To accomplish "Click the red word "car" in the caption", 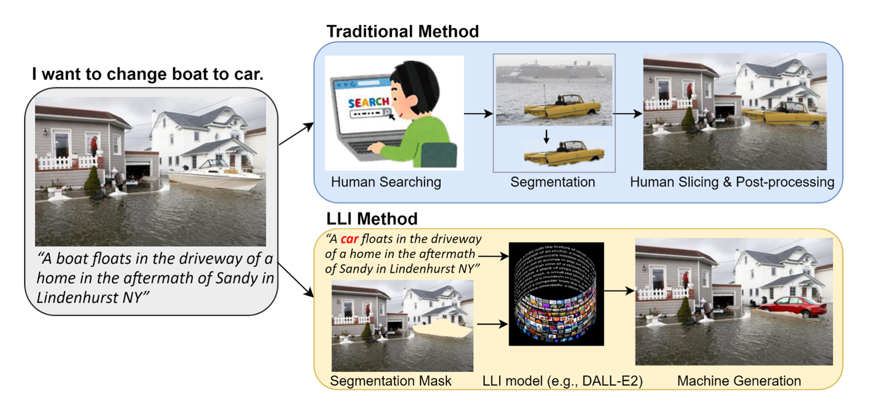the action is tap(349, 239).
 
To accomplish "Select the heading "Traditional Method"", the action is tap(403, 32).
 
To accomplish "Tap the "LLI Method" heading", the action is tap(371, 219).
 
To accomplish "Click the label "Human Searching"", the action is tap(386, 182).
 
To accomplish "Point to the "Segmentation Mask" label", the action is tap(391, 381).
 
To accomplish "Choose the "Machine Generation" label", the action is tap(739, 381).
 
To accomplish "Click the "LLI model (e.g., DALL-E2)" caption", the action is tap(562, 381).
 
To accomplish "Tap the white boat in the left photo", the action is tap(218, 176).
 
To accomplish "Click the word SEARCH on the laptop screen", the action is tap(368, 102).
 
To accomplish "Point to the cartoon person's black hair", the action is tap(415, 78).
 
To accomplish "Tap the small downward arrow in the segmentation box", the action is tap(546, 136).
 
